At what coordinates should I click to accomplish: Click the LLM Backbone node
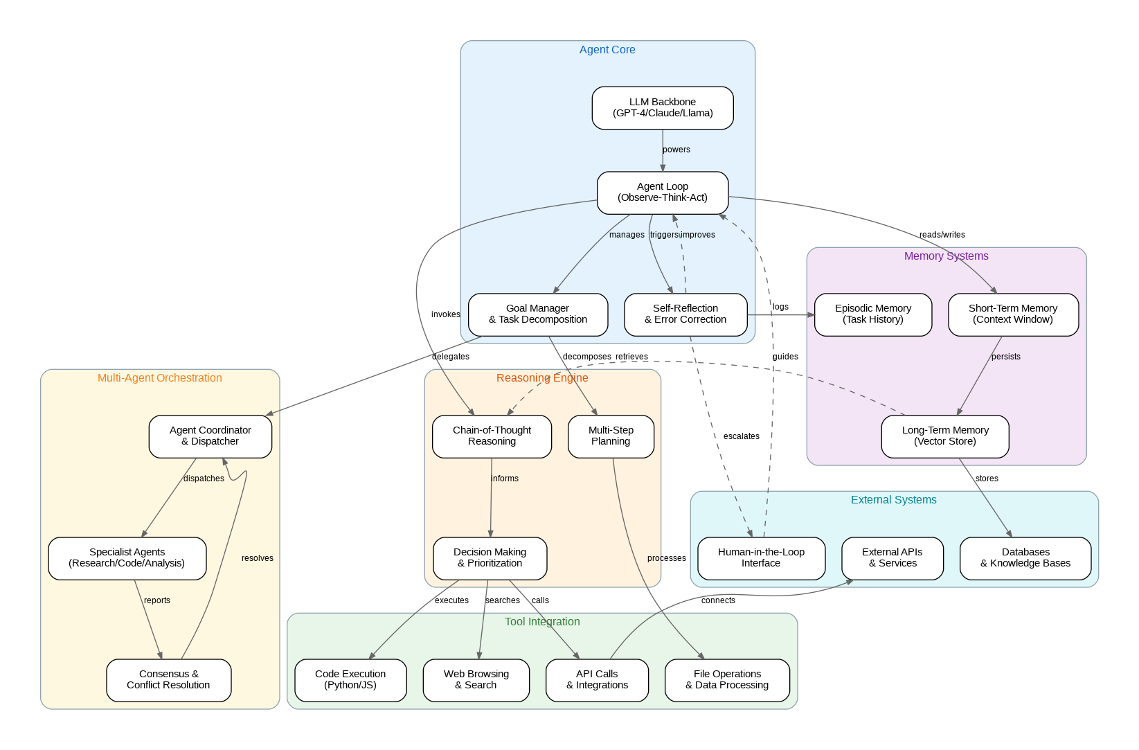tap(663, 107)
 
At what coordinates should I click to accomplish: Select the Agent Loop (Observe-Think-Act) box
tap(663, 192)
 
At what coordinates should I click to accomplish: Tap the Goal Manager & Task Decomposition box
tap(538, 314)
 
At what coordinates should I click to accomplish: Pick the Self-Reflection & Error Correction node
tap(685, 314)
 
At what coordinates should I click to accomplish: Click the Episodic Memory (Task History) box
tap(873, 314)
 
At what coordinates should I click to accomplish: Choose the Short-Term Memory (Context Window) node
tap(1013, 314)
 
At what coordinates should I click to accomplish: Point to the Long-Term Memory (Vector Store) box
tap(945, 436)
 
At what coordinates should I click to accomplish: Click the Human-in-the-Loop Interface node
tap(761, 557)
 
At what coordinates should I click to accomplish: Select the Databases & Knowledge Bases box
tap(1025, 557)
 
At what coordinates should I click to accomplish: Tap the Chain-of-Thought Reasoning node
tap(492, 436)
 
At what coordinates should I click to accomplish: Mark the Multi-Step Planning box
tap(611, 436)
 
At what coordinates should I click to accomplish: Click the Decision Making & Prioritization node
tap(490, 557)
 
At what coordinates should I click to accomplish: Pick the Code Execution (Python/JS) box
tap(350, 679)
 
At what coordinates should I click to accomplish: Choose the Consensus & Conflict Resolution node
tap(168, 679)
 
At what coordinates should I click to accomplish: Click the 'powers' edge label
tap(676, 150)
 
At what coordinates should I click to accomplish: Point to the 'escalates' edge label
tap(741, 436)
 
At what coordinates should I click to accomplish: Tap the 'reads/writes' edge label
tap(942, 235)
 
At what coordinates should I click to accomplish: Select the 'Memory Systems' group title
tap(946, 256)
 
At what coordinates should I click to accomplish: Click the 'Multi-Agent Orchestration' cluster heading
tap(160, 378)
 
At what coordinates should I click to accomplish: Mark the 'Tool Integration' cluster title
tap(542, 622)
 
